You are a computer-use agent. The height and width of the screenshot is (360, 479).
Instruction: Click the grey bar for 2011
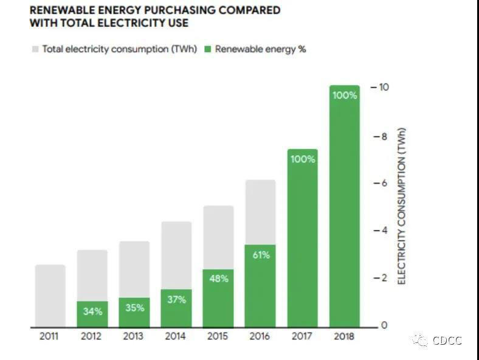click(50, 296)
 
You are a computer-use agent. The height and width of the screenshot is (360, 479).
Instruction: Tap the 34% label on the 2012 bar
click(92, 312)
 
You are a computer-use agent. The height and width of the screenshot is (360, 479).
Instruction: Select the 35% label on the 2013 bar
click(134, 308)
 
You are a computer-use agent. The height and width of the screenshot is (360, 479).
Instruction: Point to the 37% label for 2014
click(176, 300)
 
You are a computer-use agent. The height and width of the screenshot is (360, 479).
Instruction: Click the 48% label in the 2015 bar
click(218, 279)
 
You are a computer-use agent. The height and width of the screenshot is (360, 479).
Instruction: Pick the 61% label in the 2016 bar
click(260, 255)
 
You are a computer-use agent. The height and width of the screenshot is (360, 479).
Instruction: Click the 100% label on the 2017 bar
click(303, 159)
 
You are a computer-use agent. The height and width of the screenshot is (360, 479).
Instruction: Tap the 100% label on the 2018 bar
click(345, 95)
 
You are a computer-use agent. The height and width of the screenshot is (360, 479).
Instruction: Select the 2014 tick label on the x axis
click(176, 336)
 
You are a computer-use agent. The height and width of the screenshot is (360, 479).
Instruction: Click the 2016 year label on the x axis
click(260, 336)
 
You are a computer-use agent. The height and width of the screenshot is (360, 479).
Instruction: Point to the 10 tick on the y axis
click(383, 88)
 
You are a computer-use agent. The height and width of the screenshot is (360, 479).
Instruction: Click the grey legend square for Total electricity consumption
click(35, 49)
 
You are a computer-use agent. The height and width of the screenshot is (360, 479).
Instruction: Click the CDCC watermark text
click(447, 341)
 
